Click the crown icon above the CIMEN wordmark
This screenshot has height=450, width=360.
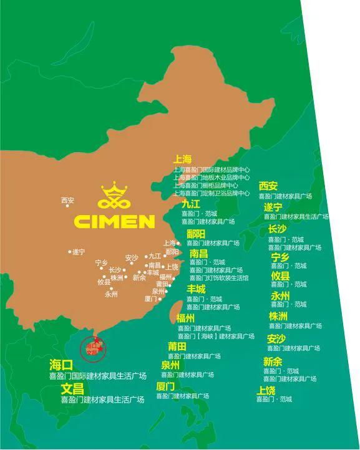(114, 196)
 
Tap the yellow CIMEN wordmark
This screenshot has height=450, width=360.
(114, 221)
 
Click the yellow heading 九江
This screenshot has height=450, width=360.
(190, 204)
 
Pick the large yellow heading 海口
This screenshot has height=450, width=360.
(61, 365)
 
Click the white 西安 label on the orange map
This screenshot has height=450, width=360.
(67, 200)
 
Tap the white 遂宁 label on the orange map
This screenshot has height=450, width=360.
(79, 252)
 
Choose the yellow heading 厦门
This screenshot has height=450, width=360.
(165, 386)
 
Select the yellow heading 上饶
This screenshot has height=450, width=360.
(266, 390)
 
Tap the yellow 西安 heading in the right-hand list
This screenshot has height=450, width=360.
(268, 186)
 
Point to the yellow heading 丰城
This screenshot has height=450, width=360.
(195, 289)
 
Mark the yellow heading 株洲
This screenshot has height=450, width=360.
(278, 316)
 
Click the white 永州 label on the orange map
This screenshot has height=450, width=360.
(111, 294)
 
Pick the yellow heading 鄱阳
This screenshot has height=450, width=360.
(195, 234)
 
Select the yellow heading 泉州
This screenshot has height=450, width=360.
(170, 365)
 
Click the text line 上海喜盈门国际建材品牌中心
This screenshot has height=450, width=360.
(212, 169)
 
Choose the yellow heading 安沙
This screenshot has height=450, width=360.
(276, 338)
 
